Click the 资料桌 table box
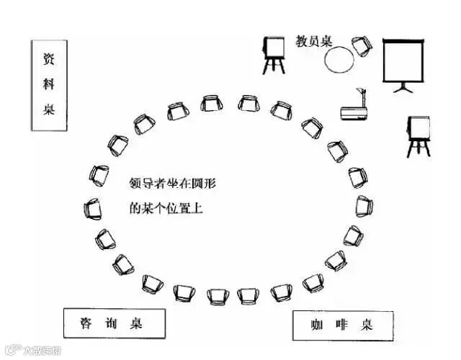[x=50, y=86]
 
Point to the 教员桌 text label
[x=314, y=41]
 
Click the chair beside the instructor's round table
[x=360, y=46]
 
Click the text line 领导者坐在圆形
[x=173, y=184]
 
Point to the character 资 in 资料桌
[x=50, y=60]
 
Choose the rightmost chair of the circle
[x=363, y=207]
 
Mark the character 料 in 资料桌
[x=50, y=85]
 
